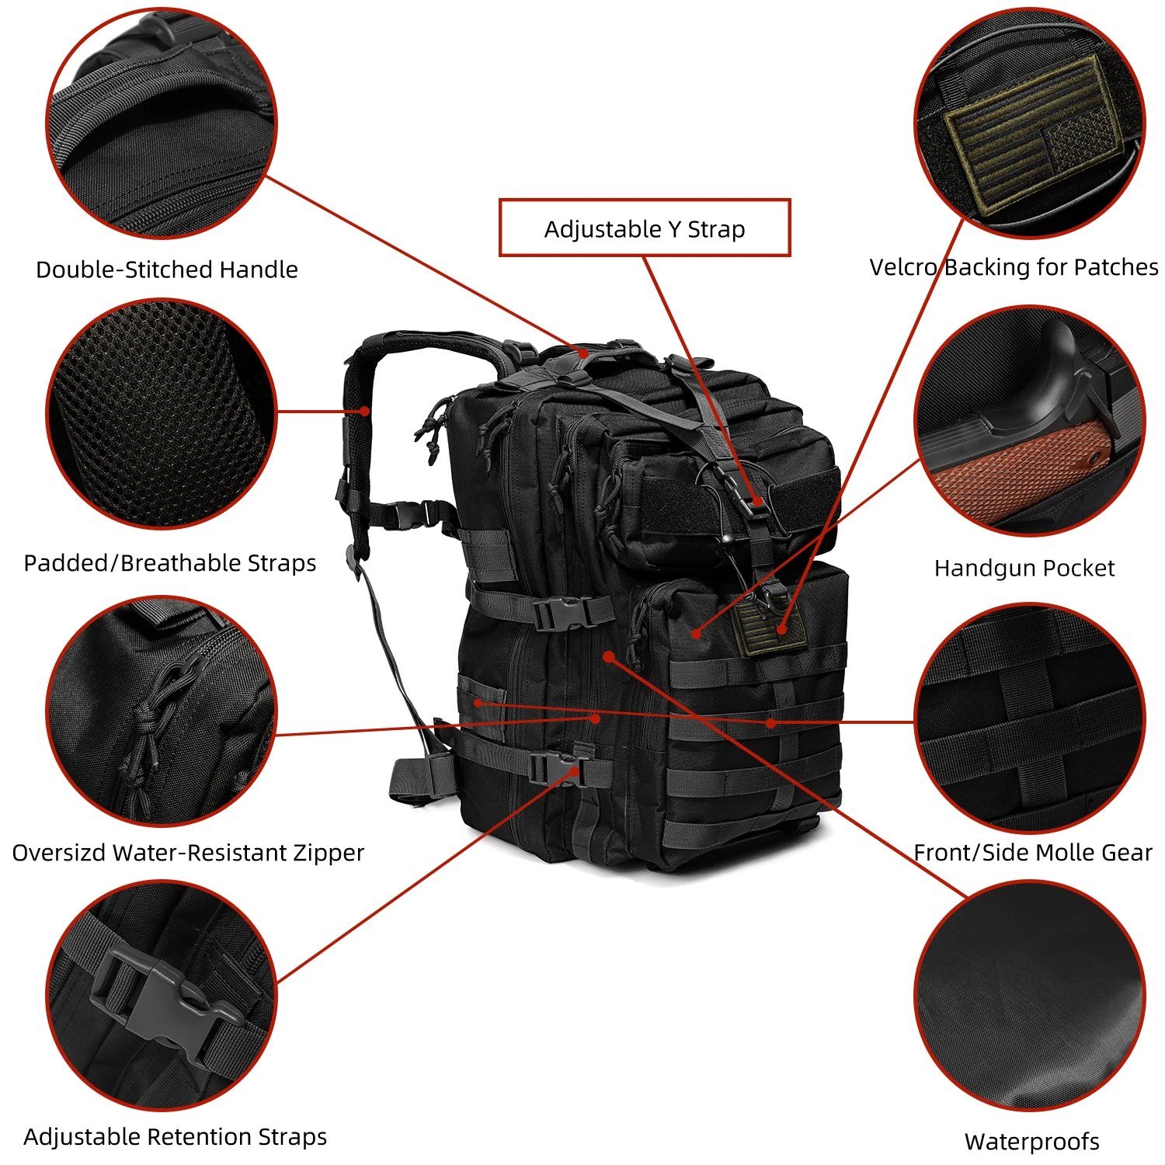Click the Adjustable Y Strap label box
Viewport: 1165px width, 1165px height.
644,228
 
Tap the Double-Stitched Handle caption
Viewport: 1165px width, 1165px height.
167,270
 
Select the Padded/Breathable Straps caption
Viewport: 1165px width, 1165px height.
170,563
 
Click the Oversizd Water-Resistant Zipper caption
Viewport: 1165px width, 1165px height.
188,853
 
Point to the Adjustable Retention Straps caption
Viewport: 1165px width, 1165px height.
175,1137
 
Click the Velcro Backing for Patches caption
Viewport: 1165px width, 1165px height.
1014,267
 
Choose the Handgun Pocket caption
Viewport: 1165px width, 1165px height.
1024,569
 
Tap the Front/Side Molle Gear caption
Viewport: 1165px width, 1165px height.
1033,853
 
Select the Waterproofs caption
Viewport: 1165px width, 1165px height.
1031,1142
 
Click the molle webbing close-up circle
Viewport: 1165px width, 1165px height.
1030,718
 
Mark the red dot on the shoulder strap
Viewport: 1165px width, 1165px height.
364,411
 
